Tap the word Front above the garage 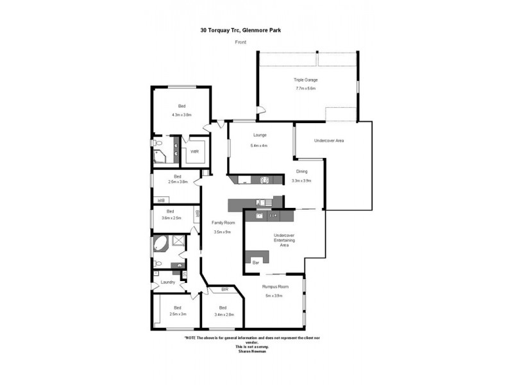coord(241,42)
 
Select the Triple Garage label coord(306,80)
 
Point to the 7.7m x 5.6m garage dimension coord(306,88)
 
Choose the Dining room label coord(301,171)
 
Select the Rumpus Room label coord(274,286)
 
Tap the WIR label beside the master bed coord(194,151)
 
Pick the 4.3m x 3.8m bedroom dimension coord(181,115)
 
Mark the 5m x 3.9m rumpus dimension coord(274,295)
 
